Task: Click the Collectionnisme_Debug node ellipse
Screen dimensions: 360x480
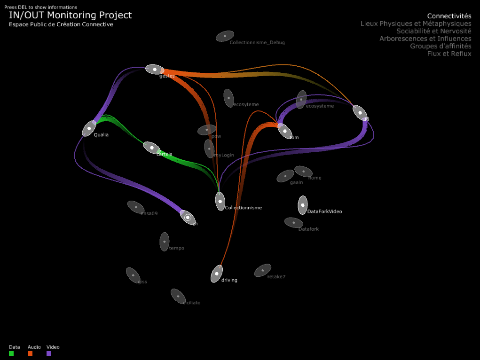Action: tap(225, 36)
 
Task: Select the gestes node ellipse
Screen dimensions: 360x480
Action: tap(154, 70)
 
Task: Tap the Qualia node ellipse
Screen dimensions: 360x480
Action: tap(89, 128)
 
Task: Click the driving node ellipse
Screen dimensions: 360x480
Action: tap(216, 274)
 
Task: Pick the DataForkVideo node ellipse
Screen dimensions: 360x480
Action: tap(303, 205)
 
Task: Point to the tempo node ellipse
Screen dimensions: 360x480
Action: tap(164, 242)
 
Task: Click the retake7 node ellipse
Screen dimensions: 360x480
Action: tap(262, 270)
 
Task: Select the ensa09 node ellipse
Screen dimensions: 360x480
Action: tap(136, 207)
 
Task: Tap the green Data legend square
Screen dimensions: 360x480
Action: tap(11, 353)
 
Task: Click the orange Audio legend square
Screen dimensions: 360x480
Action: tap(30, 353)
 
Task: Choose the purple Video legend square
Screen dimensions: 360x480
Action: tap(49, 353)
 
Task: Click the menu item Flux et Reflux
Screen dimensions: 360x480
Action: tap(449, 54)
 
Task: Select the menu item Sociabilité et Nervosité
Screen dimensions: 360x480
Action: tap(433, 31)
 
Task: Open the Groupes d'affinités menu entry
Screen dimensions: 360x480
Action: tap(441, 46)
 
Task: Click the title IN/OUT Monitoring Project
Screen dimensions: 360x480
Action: tap(70, 15)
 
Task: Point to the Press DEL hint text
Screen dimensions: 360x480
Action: tap(41, 7)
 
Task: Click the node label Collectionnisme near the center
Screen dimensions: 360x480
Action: tap(243, 208)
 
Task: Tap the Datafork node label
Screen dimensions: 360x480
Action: tap(308, 229)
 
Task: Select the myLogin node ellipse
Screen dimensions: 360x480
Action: tap(209, 149)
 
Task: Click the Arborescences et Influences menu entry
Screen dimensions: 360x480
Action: tap(425, 39)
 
